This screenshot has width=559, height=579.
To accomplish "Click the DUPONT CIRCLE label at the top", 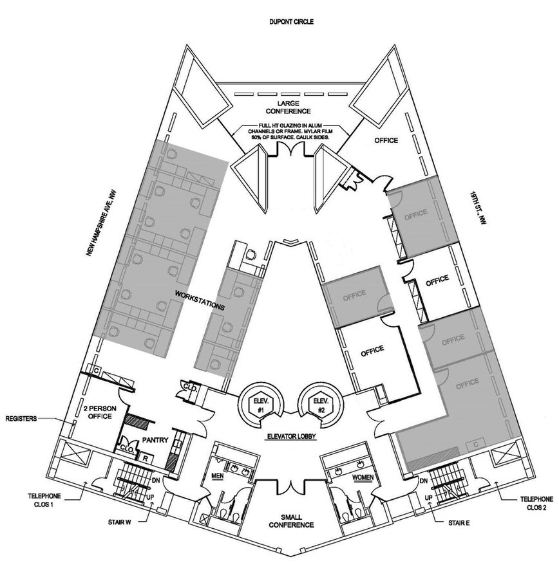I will point(291,22).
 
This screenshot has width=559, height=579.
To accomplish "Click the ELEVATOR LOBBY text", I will point(290,437).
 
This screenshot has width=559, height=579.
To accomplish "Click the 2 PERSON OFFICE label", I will point(98,412).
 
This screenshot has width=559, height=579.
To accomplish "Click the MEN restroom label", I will point(218,477).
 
